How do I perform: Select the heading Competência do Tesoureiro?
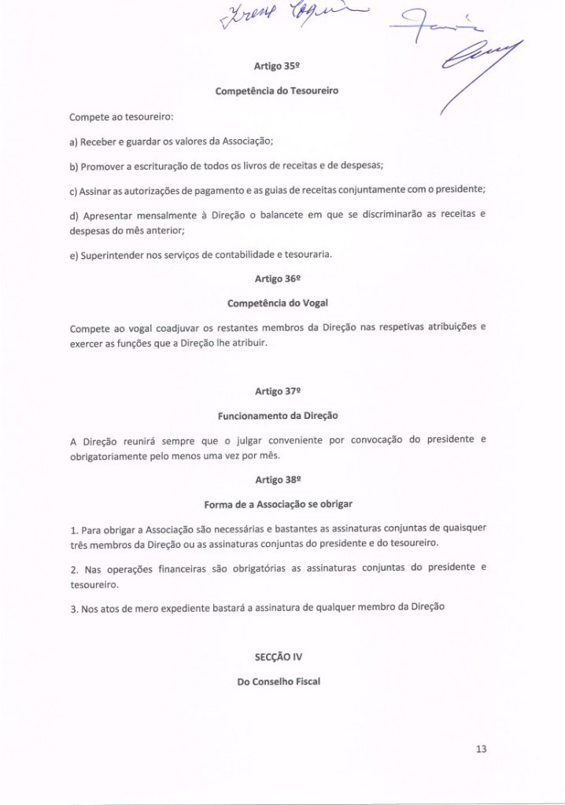tap(278, 91)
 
